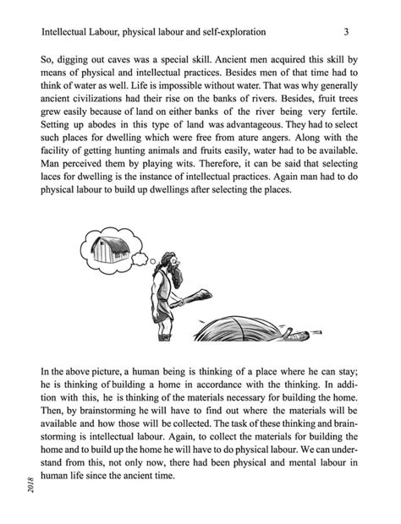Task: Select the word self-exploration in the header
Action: point(232,32)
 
